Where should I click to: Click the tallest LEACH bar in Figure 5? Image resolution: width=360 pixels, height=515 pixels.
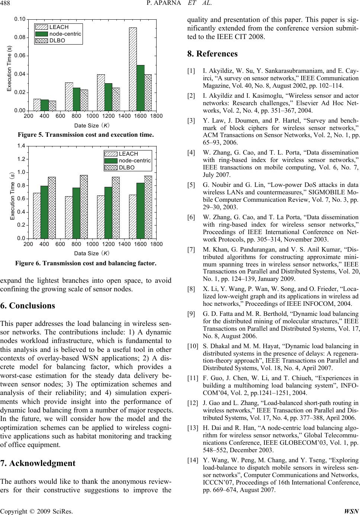coord(133,69)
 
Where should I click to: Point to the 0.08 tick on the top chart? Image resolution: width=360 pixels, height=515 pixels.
coord(20,37)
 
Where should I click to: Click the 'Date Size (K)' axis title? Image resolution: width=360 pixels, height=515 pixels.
coord(91,126)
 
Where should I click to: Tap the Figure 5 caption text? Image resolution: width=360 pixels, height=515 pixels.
coord(86,135)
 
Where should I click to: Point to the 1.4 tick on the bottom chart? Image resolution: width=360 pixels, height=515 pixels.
coord(21,146)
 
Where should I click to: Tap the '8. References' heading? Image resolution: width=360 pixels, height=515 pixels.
coord(212,54)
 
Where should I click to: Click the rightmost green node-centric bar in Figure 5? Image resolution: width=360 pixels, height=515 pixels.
coord(141,88)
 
